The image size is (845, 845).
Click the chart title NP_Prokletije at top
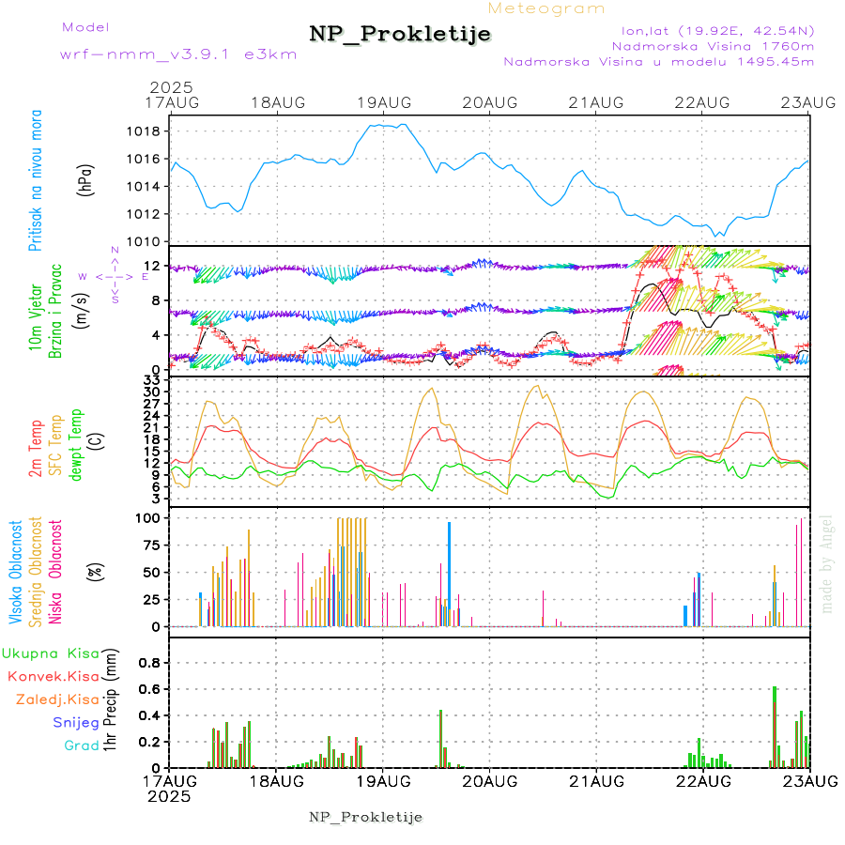(400, 35)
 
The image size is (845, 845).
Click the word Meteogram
(547, 8)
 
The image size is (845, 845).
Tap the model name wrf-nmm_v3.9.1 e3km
(178, 54)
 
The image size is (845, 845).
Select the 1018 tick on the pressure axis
(141, 131)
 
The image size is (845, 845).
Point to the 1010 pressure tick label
(141, 241)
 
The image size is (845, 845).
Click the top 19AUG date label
(384, 102)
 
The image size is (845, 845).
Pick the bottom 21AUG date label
(597, 781)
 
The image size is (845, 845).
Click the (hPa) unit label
(86, 178)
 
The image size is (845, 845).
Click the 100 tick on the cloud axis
(147, 517)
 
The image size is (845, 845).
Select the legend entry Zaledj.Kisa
(57, 699)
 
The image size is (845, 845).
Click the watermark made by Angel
(827, 563)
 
